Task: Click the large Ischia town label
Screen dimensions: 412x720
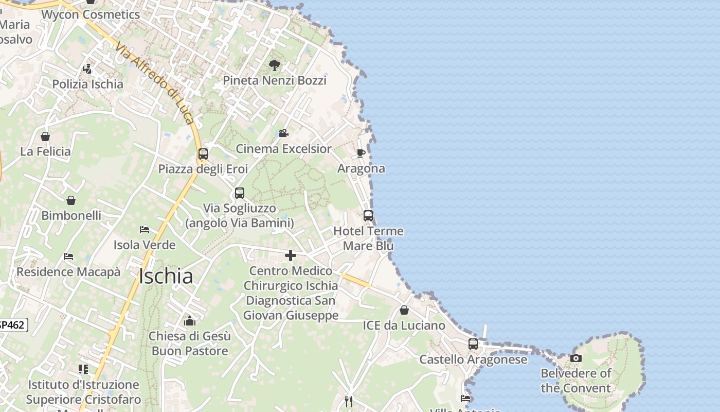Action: click(166, 277)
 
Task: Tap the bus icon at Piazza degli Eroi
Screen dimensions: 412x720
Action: click(203, 153)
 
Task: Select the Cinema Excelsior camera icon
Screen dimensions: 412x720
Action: click(283, 133)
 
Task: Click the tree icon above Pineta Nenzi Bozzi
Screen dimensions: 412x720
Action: click(275, 65)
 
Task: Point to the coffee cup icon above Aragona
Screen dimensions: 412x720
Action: click(361, 153)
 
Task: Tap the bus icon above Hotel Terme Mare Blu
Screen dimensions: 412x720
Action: click(368, 216)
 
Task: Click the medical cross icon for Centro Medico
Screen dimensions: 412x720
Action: click(291, 255)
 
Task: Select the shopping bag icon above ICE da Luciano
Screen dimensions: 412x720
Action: click(404, 310)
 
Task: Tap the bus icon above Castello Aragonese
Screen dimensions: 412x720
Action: click(473, 344)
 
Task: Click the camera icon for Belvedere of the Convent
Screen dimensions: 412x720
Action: click(576, 358)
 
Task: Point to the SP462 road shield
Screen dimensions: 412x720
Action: click(11, 325)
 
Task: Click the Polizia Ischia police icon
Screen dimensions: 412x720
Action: click(87, 68)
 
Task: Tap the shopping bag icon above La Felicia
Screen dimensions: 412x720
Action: click(45, 136)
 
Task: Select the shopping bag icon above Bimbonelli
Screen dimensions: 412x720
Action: click(71, 200)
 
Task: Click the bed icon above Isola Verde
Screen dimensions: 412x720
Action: click(145, 229)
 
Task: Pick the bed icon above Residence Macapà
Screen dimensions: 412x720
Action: click(68, 256)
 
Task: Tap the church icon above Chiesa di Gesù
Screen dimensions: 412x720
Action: click(190, 321)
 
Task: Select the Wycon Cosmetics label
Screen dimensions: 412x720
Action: click(91, 14)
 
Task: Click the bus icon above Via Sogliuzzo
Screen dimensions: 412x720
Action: click(240, 193)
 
